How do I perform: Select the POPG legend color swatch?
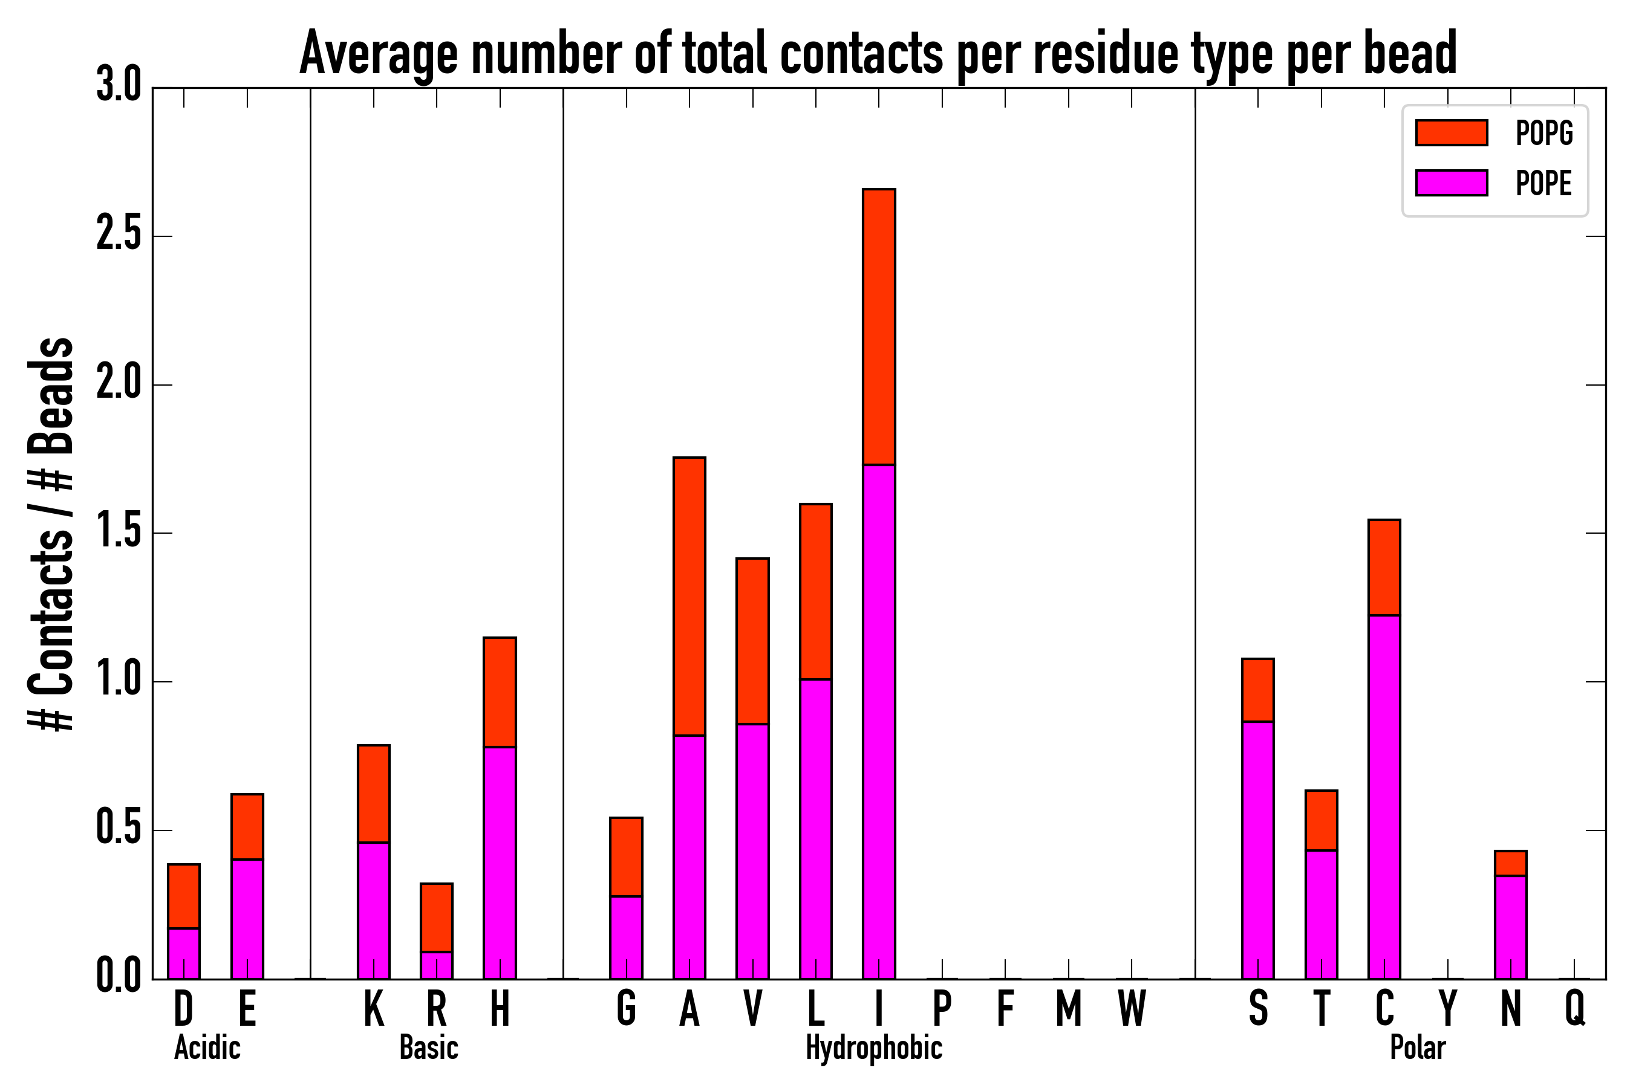(x=1451, y=132)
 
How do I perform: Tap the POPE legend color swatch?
(x=1451, y=183)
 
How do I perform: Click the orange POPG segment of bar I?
(x=879, y=326)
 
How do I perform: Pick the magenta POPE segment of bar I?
(x=879, y=722)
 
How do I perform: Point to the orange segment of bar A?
(x=689, y=597)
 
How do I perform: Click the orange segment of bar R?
(x=437, y=918)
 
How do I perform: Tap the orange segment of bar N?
(x=1511, y=863)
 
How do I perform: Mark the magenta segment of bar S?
(x=1258, y=850)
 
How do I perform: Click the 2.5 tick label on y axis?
(x=119, y=235)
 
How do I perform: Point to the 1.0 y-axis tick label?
(x=119, y=681)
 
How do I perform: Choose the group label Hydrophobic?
(x=874, y=1048)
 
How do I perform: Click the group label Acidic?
(x=207, y=1048)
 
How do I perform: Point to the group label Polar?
(x=1418, y=1048)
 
